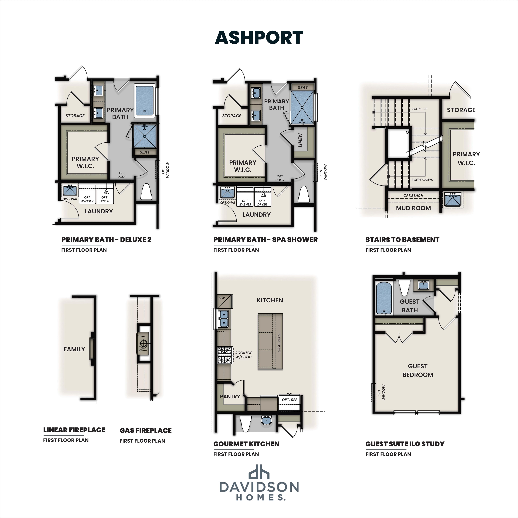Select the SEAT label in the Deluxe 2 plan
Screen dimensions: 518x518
click(x=144, y=152)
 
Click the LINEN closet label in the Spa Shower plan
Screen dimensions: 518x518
click(x=300, y=140)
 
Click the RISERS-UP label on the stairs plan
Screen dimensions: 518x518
click(x=419, y=109)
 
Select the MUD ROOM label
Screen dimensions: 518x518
click(x=413, y=208)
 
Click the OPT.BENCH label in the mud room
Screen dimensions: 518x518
click(x=413, y=195)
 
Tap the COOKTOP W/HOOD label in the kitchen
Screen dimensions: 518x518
click(x=243, y=355)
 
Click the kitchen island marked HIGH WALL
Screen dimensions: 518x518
click(x=270, y=341)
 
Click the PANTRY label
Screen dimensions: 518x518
click(x=230, y=397)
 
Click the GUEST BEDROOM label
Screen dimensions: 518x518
click(x=418, y=370)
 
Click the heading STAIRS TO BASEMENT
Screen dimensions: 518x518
click(x=402, y=240)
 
